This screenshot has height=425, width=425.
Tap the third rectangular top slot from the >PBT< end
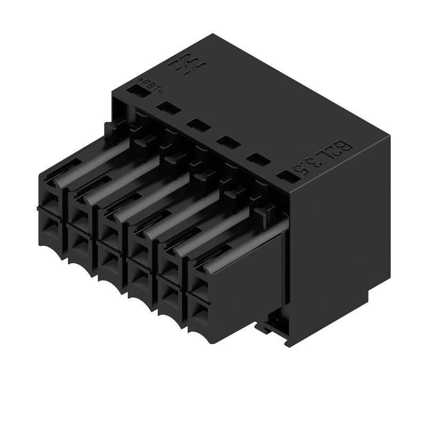click(197, 126)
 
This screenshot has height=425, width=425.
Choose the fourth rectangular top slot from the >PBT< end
click(227, 142)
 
